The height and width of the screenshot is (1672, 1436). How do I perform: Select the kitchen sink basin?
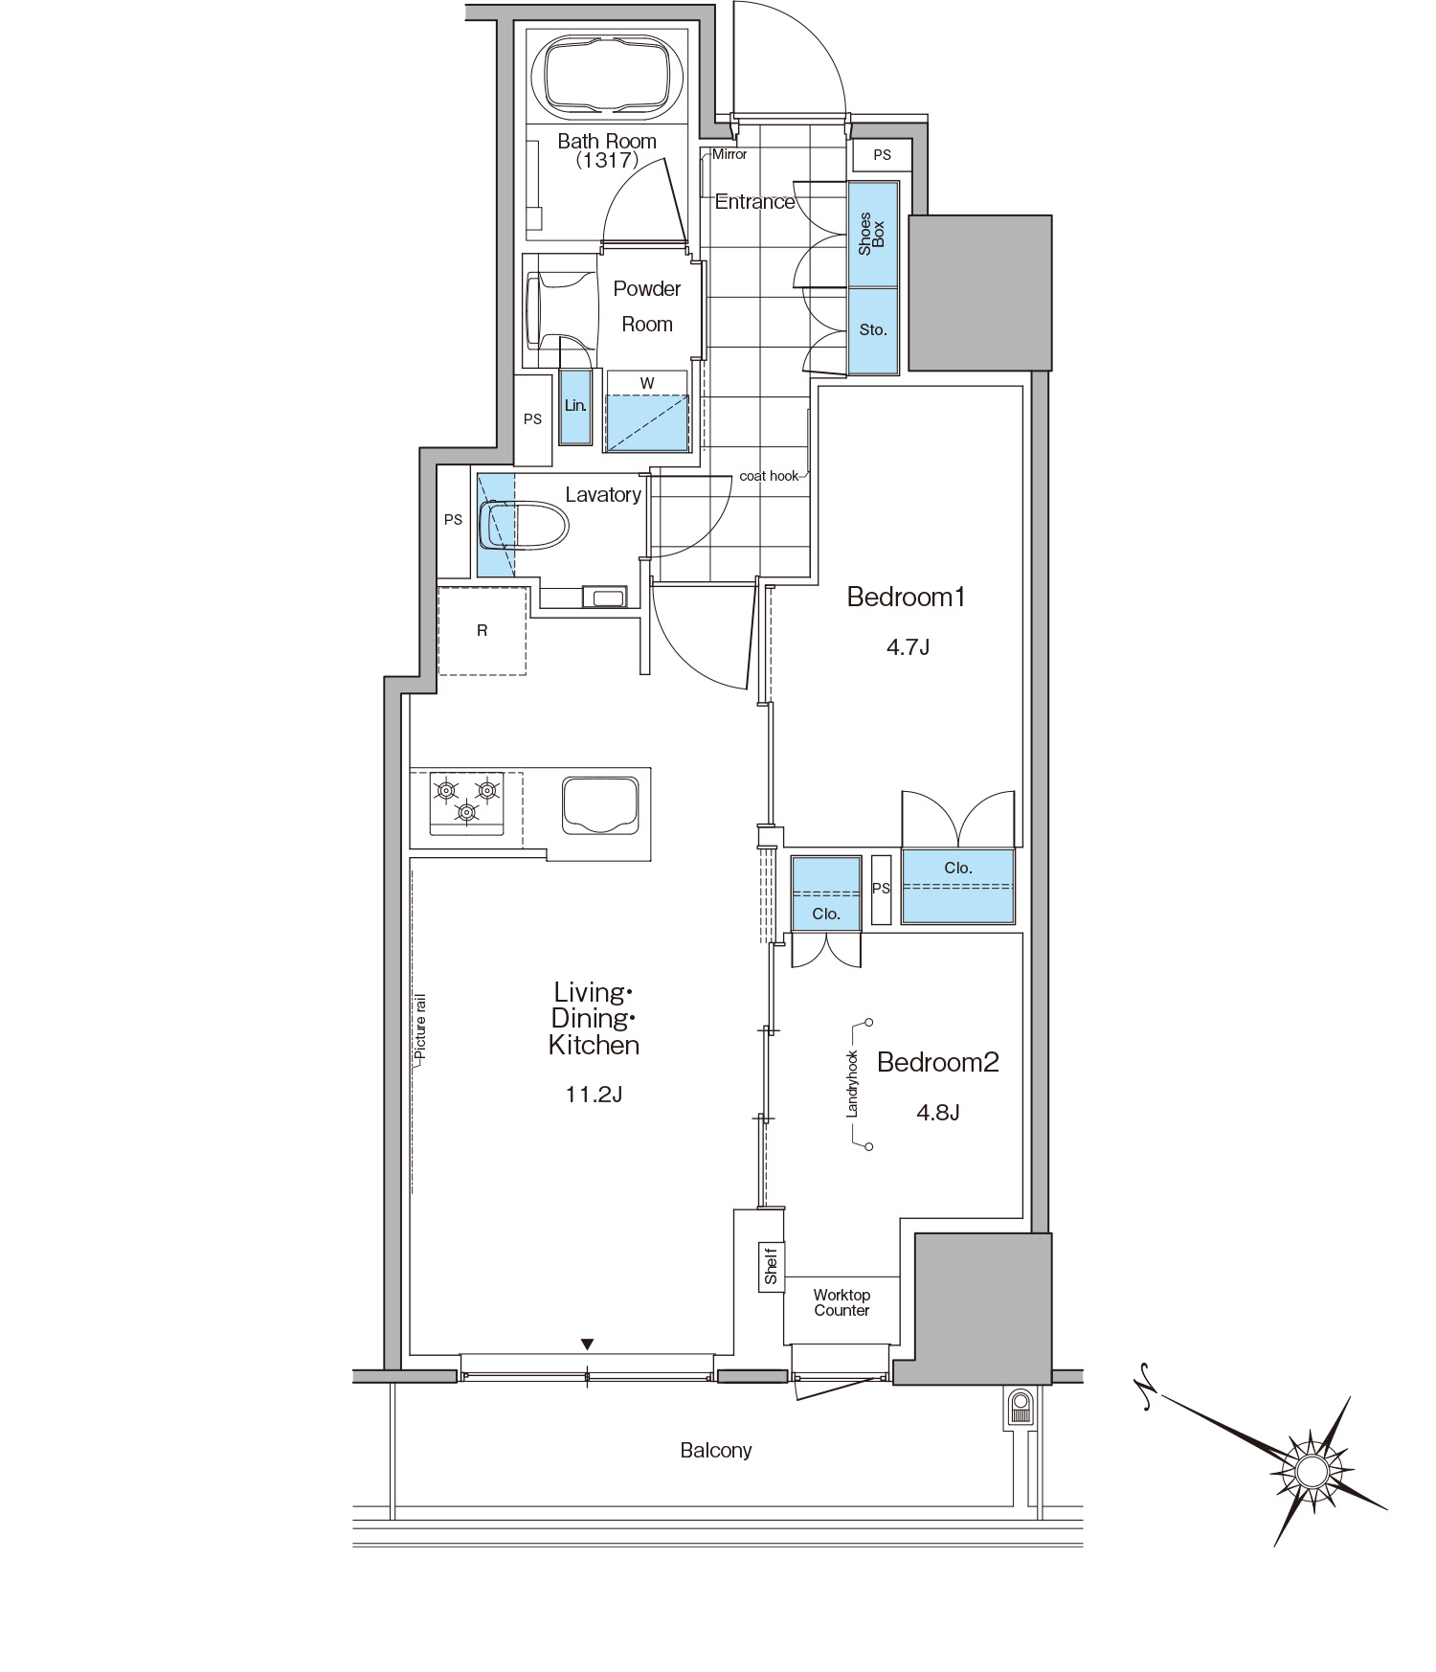600,804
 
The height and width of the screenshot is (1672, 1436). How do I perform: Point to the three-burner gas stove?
466,802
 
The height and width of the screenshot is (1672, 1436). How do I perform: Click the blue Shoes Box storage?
873,234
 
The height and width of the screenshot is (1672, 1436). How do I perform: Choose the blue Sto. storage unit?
873,330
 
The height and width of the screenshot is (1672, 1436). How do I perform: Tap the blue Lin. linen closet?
575,406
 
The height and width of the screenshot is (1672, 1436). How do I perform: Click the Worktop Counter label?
841,1302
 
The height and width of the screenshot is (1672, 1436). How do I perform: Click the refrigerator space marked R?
482,631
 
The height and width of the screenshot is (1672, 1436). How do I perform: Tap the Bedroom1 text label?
906,598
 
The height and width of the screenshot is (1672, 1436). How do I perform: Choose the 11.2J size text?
594,1094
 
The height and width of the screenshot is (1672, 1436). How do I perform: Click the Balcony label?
716,1450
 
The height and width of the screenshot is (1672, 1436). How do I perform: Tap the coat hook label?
769,476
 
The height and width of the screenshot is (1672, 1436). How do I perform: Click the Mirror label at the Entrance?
729,153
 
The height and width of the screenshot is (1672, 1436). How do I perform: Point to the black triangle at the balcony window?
588,1344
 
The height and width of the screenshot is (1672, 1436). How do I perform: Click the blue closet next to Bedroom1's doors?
957,886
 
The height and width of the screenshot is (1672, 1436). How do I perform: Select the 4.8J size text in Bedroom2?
938,1112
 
